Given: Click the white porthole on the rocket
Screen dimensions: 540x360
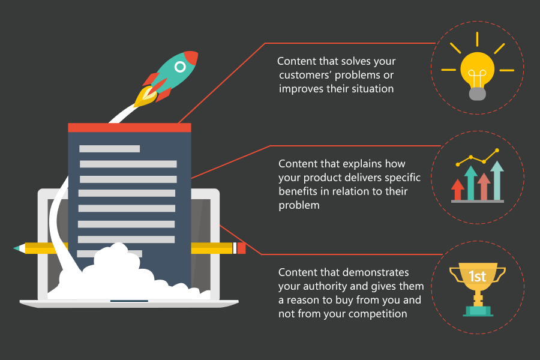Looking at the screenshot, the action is (180, 67).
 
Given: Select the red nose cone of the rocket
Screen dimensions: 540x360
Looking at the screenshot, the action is (191, 58).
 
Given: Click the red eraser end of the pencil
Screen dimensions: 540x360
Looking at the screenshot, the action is (241, 248).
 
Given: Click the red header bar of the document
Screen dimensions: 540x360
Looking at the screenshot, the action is (130, 127).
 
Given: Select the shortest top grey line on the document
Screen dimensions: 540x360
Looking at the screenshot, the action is (110, 148).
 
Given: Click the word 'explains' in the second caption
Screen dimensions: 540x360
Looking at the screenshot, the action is (362, 164).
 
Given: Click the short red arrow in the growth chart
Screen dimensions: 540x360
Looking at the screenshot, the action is (457, 190).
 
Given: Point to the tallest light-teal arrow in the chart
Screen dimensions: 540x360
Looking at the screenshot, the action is (497, 180).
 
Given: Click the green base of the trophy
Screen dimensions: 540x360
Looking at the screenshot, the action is (478, 311).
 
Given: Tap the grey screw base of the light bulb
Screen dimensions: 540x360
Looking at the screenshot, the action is (478, 94).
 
